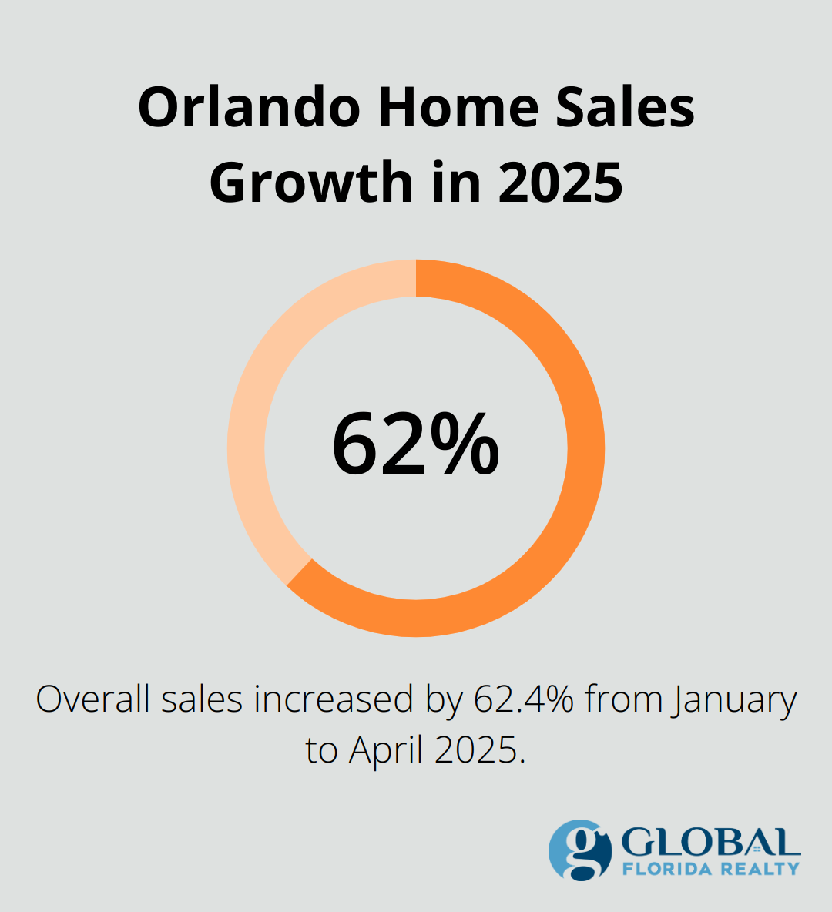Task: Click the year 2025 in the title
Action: point(561,183)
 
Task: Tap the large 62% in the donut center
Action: point(416,446)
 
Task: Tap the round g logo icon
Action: point(579,850)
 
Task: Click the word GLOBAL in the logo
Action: point(710,843)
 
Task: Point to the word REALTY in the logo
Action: point(760,869)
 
